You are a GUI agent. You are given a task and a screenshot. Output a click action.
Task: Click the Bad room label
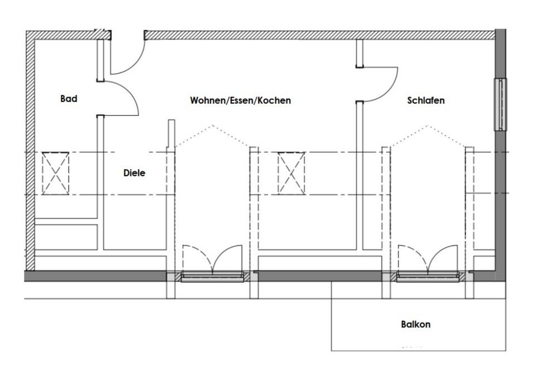(x=69, y=99)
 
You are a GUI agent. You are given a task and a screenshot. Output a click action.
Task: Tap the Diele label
(x=134, y=173)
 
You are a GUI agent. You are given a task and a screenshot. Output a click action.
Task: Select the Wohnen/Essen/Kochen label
(x=240, y=101)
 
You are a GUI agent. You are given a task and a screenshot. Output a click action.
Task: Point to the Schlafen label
(x=426, y=101)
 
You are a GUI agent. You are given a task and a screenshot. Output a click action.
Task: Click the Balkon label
(x=416, y=324)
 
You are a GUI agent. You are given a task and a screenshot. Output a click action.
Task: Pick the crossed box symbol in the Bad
(x=56, y=173)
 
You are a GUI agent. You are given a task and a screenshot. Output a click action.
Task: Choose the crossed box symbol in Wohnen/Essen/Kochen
(x=291, y=173)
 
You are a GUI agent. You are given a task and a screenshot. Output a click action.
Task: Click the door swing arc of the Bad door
(x=130, y=95)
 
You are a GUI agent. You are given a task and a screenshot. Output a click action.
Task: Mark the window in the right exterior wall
(x=500, y=104)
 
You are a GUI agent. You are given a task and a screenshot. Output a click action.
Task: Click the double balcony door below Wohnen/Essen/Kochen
(x=212, y=262)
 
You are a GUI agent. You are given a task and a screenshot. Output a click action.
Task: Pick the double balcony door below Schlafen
(x=427, y=262)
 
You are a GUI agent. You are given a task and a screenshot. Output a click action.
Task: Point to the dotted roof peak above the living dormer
(x=212, y=126)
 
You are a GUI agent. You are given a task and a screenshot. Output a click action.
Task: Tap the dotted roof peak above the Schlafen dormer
(x=427, y=126)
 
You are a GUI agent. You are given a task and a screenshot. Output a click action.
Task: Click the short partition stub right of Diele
(x=171, y=134)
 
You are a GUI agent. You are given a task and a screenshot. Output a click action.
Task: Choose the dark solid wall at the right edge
(x=500, y=195)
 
